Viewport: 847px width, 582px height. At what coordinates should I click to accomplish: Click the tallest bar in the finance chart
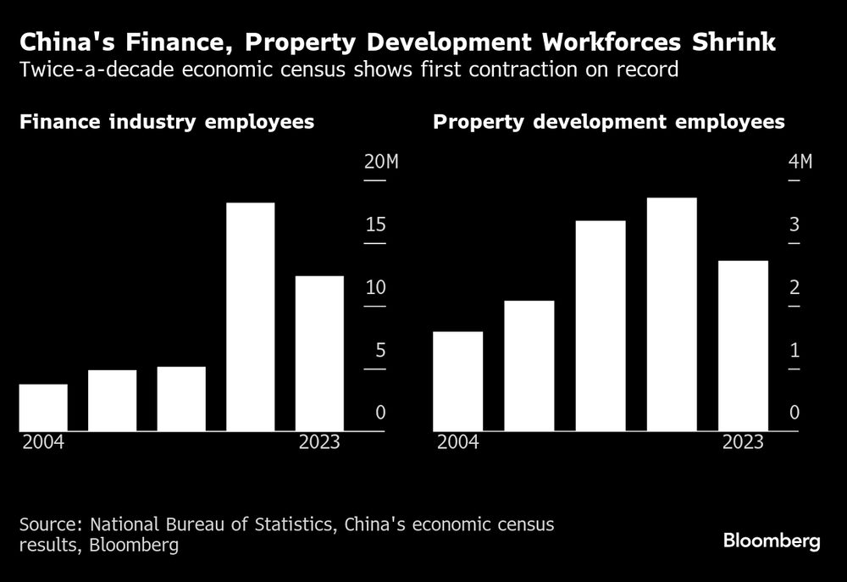point(250,317)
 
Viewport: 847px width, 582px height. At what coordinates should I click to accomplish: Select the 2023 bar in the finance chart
point(319,353)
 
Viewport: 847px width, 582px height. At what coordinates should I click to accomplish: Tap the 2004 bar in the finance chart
point(43,407)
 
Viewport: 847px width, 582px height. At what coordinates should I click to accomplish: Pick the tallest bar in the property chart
point(672,314)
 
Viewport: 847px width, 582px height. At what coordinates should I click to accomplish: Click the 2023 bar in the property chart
point(743,346)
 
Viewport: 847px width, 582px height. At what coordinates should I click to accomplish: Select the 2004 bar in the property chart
point(457,381)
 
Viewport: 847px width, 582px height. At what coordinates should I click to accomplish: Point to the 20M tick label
point(380,163)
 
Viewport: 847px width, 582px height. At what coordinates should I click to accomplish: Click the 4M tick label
point(800,163)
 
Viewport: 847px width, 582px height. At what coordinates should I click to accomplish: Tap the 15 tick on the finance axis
point(375,225)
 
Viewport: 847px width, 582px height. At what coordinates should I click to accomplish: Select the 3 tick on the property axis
point(794,225)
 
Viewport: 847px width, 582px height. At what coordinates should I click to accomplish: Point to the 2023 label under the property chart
point(743,443)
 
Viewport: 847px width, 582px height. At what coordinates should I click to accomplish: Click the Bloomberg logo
point(772,541)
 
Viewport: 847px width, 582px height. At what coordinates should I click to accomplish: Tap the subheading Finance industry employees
point(167,122)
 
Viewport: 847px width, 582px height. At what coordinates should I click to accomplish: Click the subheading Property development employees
point(609,122)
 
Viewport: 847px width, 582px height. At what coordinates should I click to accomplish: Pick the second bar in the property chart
point(529,366)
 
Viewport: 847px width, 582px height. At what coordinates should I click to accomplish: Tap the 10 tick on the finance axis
point(375,288)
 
